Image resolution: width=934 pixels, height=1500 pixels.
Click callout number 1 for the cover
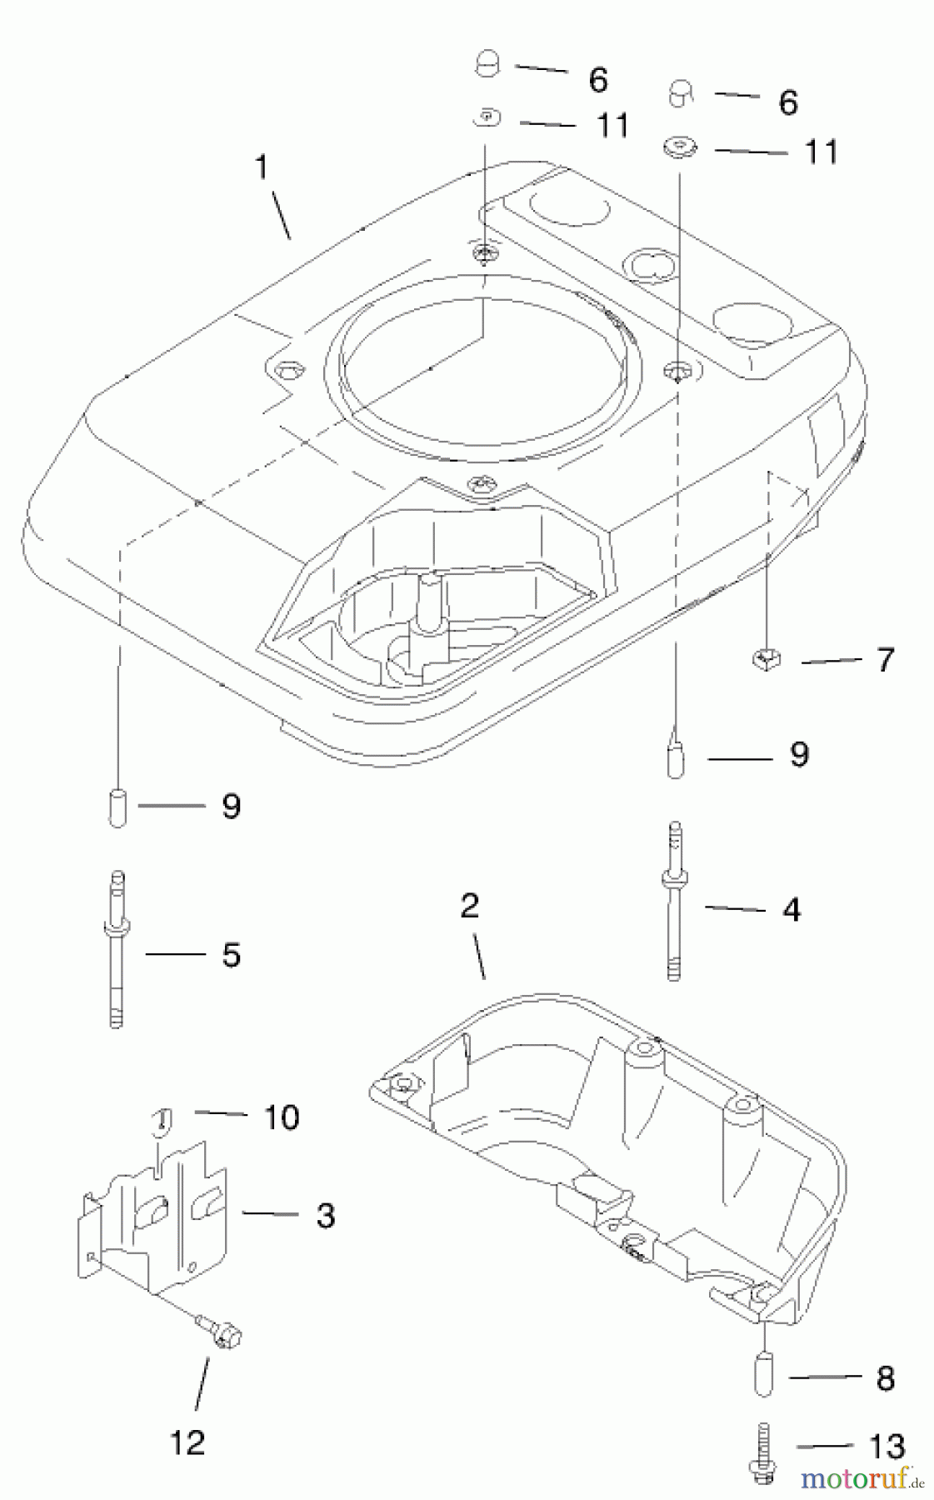pos(262,167)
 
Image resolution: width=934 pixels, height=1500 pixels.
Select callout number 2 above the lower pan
pos(470,906)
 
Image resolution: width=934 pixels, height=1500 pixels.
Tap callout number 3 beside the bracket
pos(326,1215)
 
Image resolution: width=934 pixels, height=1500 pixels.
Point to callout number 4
pos(791,909)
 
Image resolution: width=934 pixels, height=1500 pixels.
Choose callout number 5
pos(231,954)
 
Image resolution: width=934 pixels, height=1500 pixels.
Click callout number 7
pos(885,659)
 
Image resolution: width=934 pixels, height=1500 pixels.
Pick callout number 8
pos(885,1378)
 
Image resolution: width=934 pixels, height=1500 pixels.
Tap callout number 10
pos(282,1117)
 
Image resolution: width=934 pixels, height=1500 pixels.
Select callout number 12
pos(187,1442)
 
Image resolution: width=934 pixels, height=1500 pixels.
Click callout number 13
pos(886,1447)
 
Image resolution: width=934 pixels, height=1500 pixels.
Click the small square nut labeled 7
pos(764,660)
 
